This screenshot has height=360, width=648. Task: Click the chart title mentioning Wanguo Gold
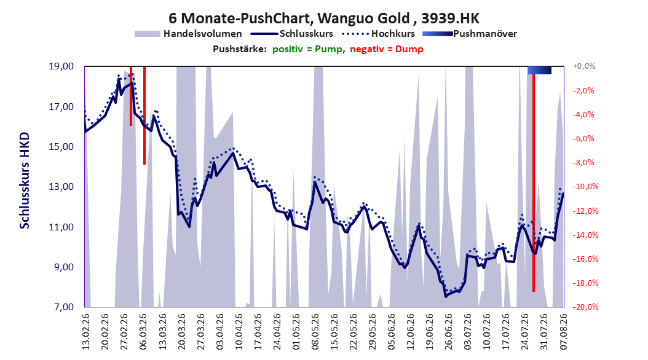323,18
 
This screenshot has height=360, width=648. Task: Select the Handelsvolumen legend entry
188,34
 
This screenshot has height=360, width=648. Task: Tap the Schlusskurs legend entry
292,34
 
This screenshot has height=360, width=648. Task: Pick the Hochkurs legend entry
378,34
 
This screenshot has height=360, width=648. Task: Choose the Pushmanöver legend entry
470,34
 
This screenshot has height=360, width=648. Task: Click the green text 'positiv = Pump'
307,49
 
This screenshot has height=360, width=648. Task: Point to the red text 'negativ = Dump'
387,49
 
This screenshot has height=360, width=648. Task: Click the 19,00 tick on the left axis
61,66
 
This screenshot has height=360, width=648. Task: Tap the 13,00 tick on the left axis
61,187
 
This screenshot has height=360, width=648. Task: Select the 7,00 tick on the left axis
64,307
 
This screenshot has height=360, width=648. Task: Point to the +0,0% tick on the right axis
584,66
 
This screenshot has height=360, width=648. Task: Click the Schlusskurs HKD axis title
25,181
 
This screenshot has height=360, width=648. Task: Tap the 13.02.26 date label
86,332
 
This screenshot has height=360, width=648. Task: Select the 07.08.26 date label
564,332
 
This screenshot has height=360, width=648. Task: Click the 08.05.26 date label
315,332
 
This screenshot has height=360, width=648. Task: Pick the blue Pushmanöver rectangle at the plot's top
540,71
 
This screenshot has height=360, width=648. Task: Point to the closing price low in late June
446,297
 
